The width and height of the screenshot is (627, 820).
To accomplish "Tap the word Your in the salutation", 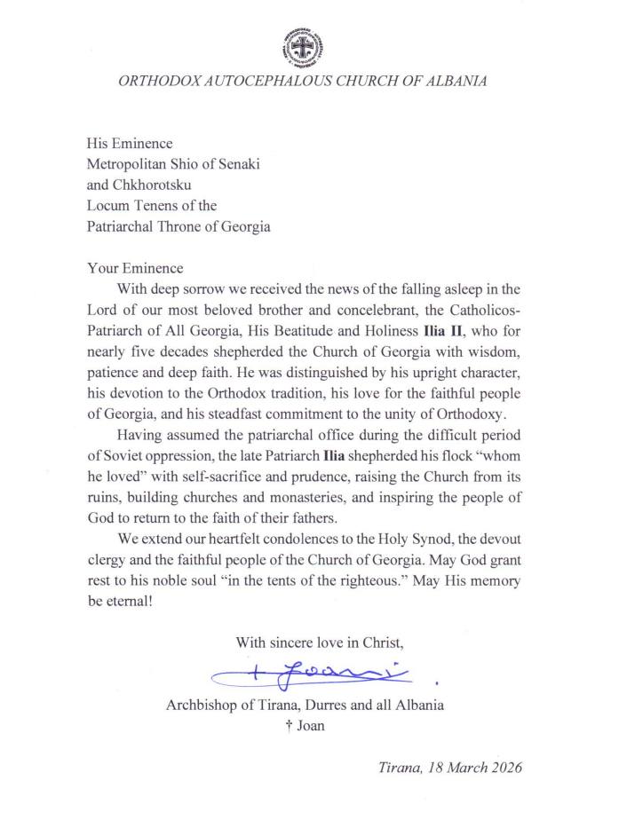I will pos(103,268).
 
